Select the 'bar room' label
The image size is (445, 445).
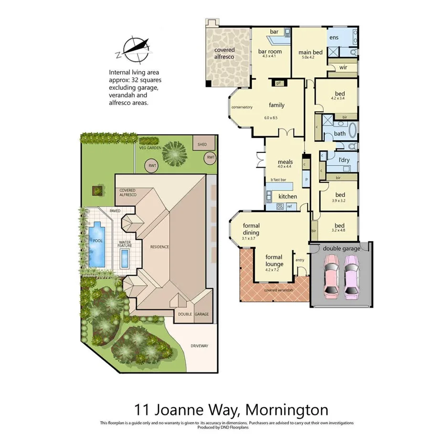[270, 51]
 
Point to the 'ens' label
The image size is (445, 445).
[333, 37]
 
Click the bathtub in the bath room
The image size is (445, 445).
[353, 130]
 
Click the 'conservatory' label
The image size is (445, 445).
[242, 107]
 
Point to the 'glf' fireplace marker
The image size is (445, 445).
[279, 83]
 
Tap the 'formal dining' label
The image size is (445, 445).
[251, 229]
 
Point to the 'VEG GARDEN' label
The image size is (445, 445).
[149, 148]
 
